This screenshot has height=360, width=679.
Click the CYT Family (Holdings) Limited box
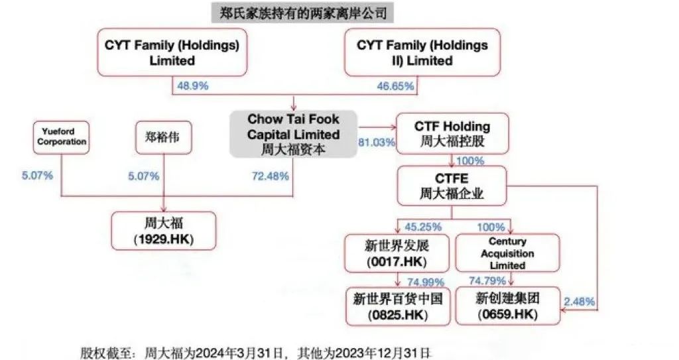172,53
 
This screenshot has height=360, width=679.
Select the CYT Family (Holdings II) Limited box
422,53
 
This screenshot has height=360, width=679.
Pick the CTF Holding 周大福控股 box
452,134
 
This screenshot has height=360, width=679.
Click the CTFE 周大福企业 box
452,185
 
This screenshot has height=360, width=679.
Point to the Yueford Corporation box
61,137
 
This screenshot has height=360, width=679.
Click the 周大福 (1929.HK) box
164,230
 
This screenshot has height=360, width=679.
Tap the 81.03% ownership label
377,142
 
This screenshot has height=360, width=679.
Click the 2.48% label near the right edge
579,302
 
